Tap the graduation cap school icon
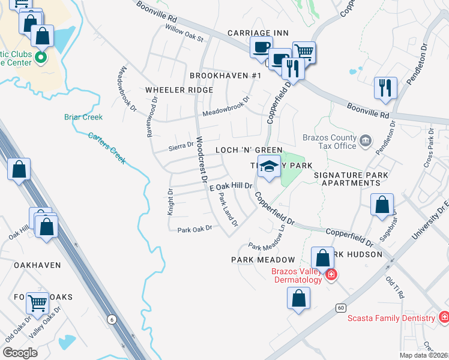click(x=268, y=167)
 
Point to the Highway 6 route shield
click(x=112, y=320)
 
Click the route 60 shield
click(x=340, y=308)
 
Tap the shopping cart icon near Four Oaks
click(x=38, y=304)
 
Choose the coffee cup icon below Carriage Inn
click(x=261, y=47)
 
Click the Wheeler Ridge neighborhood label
click(x=179, y=90)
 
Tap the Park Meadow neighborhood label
click(x=263, y=260)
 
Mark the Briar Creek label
click(x=83, y=117)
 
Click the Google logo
click(x=20, y=353)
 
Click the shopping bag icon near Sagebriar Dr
click(x=382, y=205)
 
